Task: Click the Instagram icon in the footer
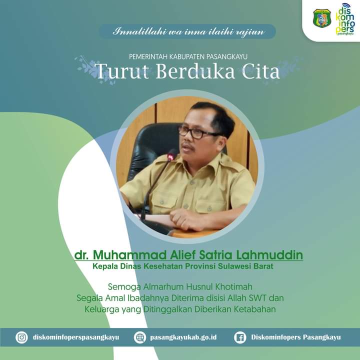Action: click(21, 337)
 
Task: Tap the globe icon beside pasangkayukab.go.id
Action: click(140, 337)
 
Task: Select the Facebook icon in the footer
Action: click(240, 337)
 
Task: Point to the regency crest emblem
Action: click(322, 18)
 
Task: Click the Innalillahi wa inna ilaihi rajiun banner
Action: click(187, 31)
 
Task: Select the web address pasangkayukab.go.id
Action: click(183, 337)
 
